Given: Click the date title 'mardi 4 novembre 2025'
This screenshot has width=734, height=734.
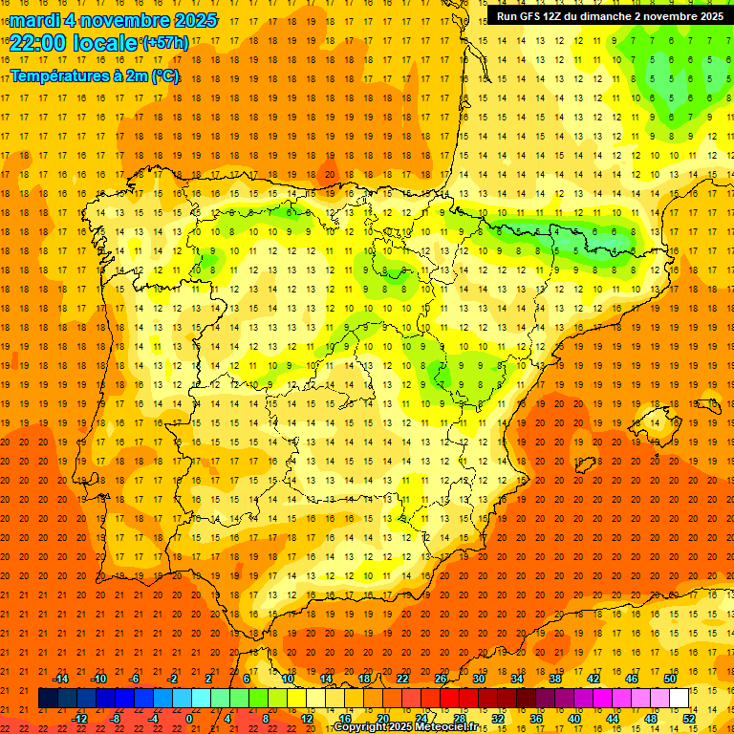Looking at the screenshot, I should tap(114, 20).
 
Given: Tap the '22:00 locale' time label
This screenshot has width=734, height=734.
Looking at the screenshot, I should tap(74, 42).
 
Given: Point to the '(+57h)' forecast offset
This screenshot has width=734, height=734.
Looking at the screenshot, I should tap(165, 43).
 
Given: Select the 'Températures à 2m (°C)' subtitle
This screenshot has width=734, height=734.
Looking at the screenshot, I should tap(95, 76).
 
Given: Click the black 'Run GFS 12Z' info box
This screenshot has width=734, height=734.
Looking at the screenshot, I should tap(610, 16).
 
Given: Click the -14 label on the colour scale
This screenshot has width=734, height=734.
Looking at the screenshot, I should tap(60, 679).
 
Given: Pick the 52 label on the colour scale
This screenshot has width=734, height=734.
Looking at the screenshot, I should tap(690, 719).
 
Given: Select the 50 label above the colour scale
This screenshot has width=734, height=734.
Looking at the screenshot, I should tap(671, 679).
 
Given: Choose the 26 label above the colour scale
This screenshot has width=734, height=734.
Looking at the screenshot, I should tap(441, 679).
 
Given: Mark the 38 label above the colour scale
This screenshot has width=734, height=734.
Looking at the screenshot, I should tap(555, 679).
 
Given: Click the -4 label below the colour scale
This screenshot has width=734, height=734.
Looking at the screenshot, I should tap(154, 719).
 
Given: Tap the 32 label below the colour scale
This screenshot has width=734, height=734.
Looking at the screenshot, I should tap(498, 719).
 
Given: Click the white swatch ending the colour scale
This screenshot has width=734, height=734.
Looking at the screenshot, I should tap(680, 699).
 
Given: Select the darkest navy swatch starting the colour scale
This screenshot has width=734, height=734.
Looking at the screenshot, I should tap(48, 699).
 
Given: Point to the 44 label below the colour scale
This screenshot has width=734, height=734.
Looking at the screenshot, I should tap(613, 719).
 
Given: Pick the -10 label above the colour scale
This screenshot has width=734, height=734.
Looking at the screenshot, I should tap(97, 679).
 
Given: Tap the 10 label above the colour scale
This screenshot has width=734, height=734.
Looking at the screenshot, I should tap(288, 679).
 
